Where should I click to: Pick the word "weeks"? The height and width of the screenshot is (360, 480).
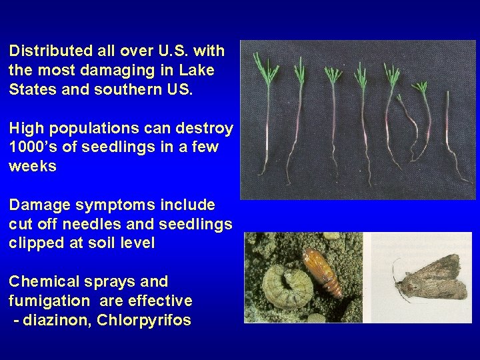(33, 167)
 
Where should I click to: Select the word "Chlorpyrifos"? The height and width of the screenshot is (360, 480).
(144, 320)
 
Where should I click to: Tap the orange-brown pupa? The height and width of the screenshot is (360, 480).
(323, 271)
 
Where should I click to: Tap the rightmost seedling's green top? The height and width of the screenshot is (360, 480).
(421, 89)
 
